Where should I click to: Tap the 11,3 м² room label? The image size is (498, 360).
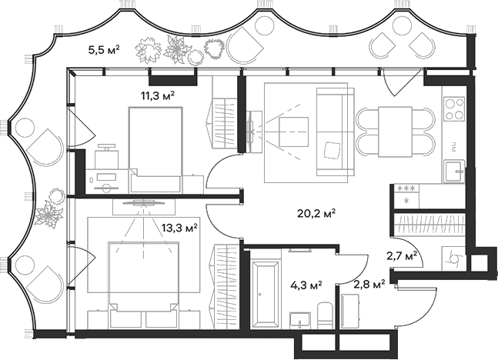click(157, 95)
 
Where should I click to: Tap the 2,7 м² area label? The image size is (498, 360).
click(402, 256)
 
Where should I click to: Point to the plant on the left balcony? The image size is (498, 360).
click(52, 212)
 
